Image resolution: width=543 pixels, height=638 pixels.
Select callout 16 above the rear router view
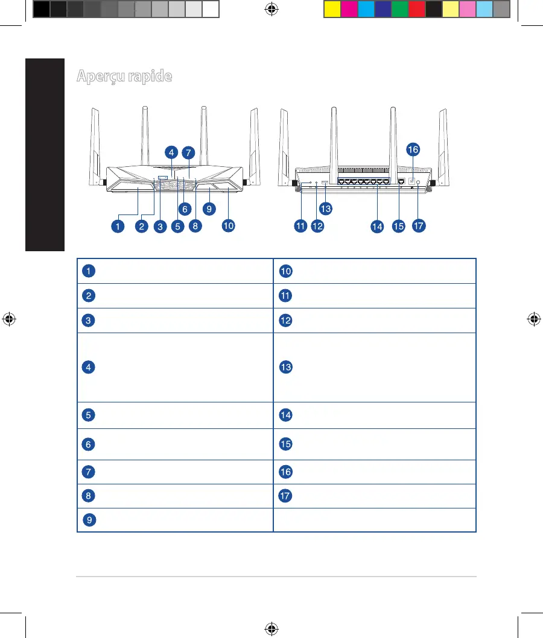click(x=413, y=149)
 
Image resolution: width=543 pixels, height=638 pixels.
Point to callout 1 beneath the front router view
click(x=118, y=226)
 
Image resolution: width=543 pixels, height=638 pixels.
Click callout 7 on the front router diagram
click(x=188, y=152)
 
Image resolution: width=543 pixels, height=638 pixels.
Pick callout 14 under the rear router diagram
click(x=377, y=227)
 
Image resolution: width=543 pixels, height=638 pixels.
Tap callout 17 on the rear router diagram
click(x=419, y=226)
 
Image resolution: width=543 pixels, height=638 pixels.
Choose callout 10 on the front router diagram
click(x=227, y=226)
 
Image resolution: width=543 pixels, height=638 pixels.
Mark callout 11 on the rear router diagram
click(x=300, y=226)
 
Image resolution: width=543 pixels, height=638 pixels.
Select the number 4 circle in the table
click(x=89, y=367)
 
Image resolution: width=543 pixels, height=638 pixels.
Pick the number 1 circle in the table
click(x=89, y=271)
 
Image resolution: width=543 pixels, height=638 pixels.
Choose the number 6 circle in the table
click(x=89, y=443)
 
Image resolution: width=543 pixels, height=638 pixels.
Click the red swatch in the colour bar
click(x=416, y=10)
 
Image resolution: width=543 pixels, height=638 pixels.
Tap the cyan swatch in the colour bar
click(x=366, y=10)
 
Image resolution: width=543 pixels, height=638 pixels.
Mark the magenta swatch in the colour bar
click(x=349, y=10)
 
